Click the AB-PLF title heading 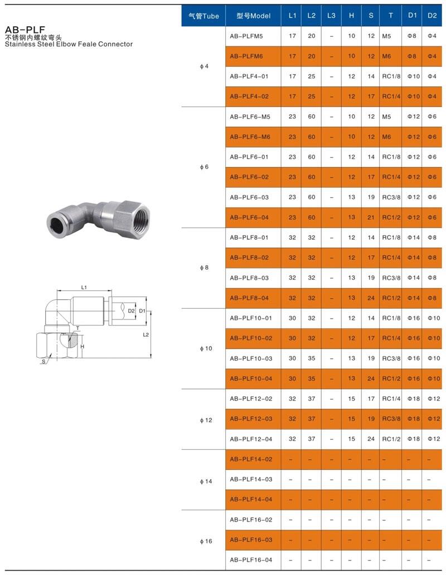pos(25,30)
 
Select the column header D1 pos(413,16)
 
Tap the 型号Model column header pos(254,16)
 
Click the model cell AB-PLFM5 pos(246,36)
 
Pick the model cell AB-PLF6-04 pos(249,217)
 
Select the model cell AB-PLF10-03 pos(251,358)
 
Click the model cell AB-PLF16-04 pos(251,559)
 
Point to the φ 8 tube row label pos(204,267)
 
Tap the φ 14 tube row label pos(206,481)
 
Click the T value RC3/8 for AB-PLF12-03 pos(391,418)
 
